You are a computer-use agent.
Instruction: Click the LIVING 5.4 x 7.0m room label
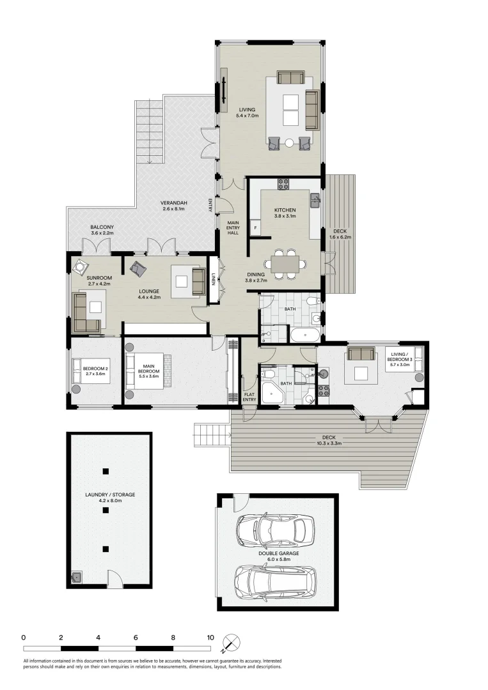point(247,112)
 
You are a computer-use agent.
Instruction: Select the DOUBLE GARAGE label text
point(278,557)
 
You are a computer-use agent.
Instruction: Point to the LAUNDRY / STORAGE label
point(110,498)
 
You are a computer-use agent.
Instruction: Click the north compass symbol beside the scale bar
point(232,642)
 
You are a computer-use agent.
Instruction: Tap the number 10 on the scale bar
point(210,637)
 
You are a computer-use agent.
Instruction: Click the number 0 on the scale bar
point(23,637)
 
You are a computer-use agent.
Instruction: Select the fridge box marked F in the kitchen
point(255,227)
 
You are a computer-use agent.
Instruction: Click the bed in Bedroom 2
point(89,371)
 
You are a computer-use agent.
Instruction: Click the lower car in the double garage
point(273,581)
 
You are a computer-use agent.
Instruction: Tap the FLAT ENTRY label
point(250,397)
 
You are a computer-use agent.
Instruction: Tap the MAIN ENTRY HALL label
point(233,228)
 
